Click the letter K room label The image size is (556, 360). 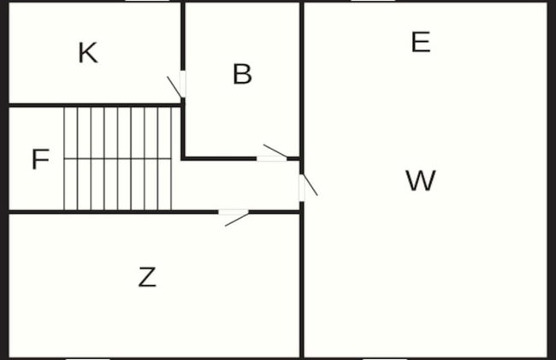coord(88,53)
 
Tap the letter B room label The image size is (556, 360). coord(243,74)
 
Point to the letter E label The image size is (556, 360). coord(421,42)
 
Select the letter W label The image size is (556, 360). coord(421,180)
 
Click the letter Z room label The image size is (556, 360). coord(147,277)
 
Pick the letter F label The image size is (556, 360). coord(40,159)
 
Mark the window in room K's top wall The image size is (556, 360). coord(147,1)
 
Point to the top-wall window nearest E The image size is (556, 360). coord(373,1)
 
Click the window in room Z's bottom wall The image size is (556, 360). coord(88,358)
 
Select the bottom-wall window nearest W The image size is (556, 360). coord(385,358)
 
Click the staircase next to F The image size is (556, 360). coord(118,158)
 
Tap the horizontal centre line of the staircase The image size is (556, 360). coord(118,159)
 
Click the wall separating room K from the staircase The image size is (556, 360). coord(95,105)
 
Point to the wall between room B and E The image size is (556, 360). coord(302,80)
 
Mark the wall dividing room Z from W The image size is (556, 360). coord(302,286)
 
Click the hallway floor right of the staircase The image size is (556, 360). coord(236,185)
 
